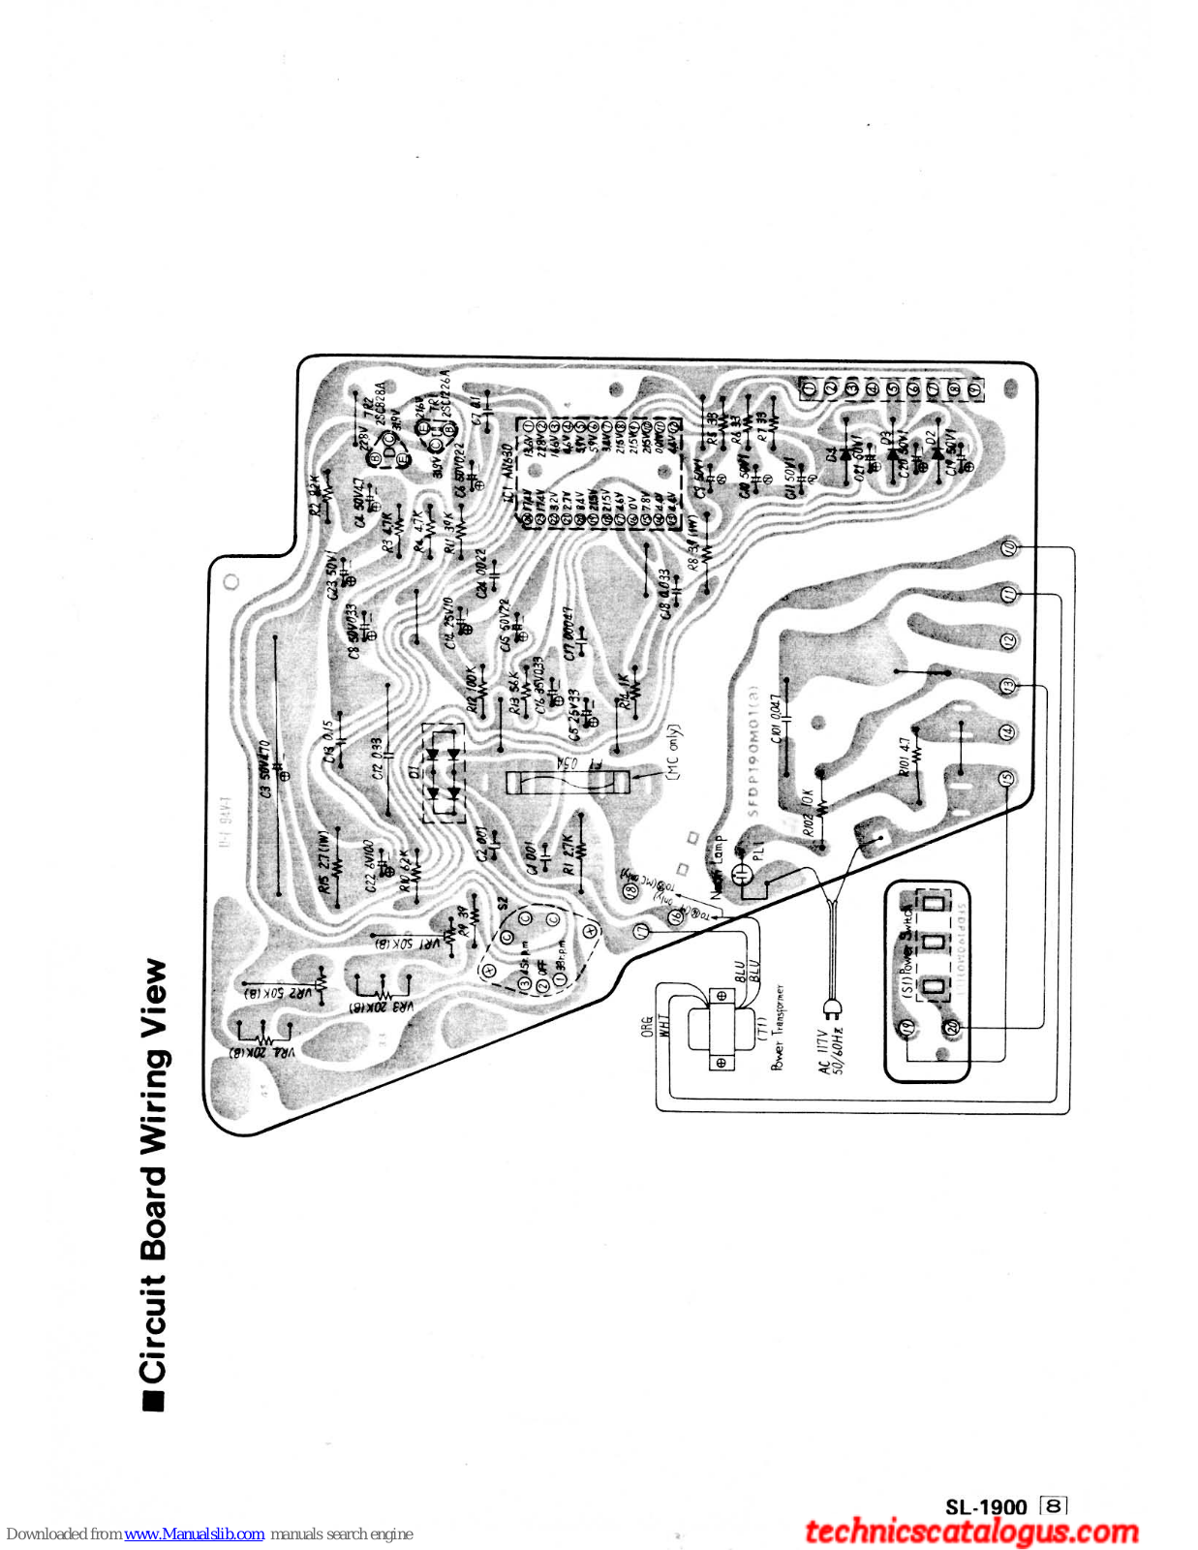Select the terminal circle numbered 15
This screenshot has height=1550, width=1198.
1008,778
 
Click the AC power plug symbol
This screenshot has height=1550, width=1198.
831,1002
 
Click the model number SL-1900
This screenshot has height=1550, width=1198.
986,1506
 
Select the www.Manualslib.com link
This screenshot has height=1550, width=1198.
194,1534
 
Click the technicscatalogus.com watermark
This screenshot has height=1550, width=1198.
971,1532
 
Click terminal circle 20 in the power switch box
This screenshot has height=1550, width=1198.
951,1027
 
